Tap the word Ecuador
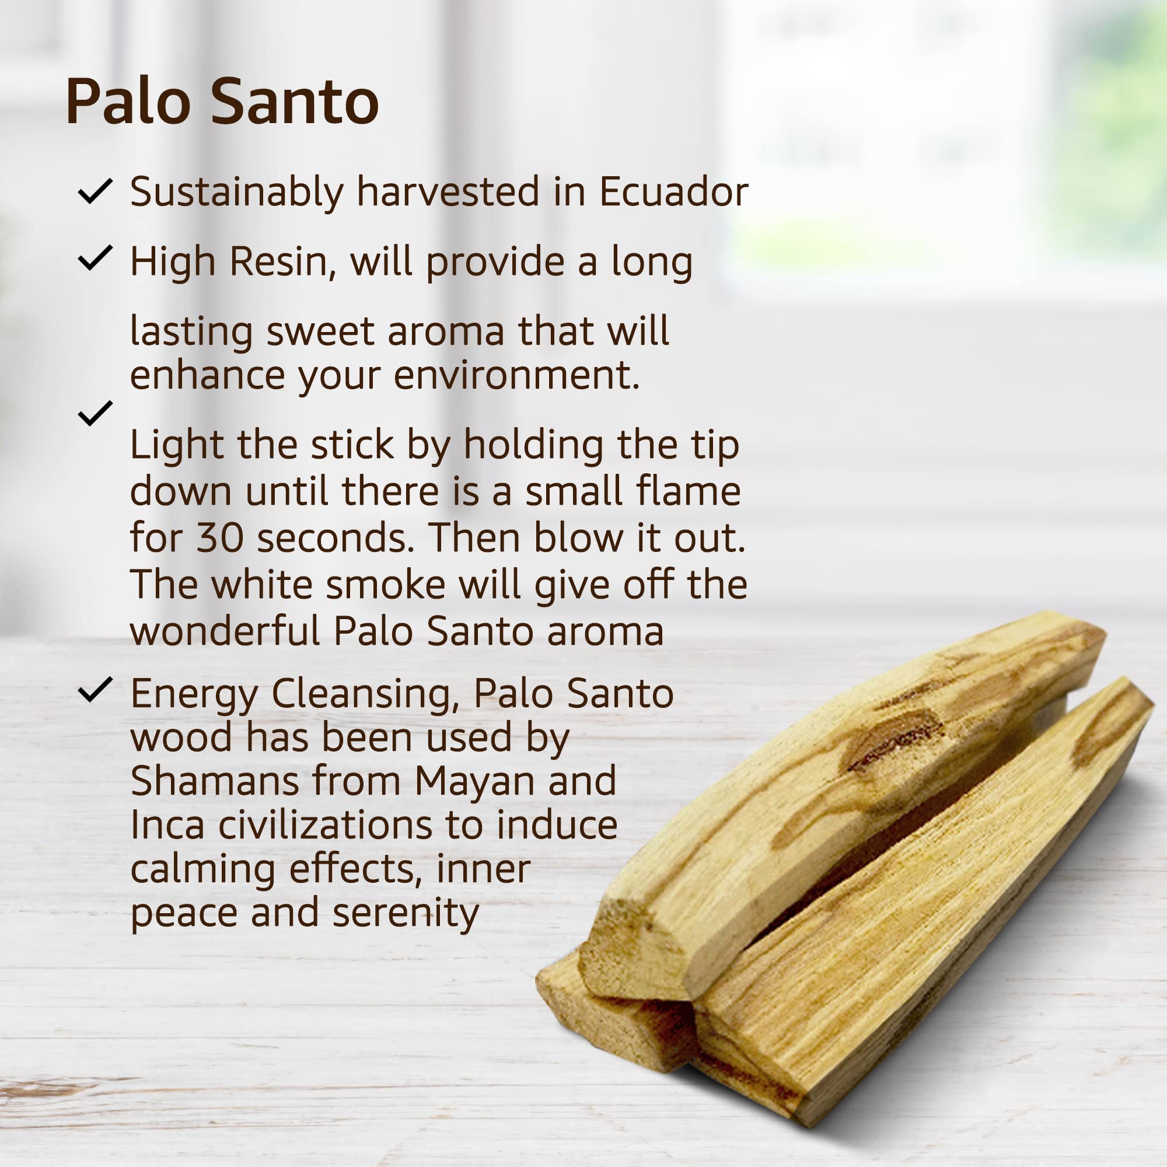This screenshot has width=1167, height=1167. click(x=673, y=191)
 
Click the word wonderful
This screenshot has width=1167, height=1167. click(x=225, y=631)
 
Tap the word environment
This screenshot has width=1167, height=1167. click(x=517, y=376)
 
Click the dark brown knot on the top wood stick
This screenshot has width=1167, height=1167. click(x=894, y=740)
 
